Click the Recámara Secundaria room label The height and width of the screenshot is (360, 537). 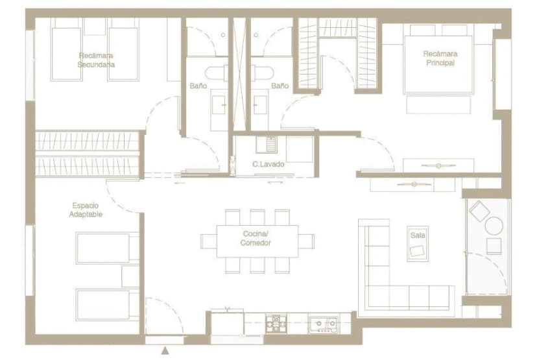pyautogui.click(x=96, y=60)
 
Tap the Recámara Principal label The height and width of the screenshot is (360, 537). pyautogui.click(x=440, y=58)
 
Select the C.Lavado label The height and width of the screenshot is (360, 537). pyautogui.click(x=268, y=164)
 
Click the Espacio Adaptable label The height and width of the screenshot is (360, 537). pyautogui.click(x=86, y=210)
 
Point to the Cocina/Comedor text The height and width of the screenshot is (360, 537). pyautogui.click(x=256, y=238)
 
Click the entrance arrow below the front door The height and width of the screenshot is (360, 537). pyautogui.click(x=165, y=350)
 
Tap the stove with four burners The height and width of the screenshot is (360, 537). pyautogui.click(x=276, y=323)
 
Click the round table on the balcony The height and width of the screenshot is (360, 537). pyautogui.click(x=494, y=226)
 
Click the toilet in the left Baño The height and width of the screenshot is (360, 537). pyautogui.click(x=217, y=73)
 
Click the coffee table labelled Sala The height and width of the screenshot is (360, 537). pyautogui.click(x=418, y=243)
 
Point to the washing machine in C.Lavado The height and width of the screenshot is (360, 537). pyautogui.click(x=267, y=145)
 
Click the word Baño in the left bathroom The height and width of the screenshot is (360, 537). pyautogui.click(x=198, y=86)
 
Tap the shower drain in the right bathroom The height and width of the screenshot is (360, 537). pyautogui.click(x=256, y=35)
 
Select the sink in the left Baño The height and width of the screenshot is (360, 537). pyautogui.click(x=218, y=105)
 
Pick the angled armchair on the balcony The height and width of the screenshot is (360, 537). pyautogui.click(x=479, y=210)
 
